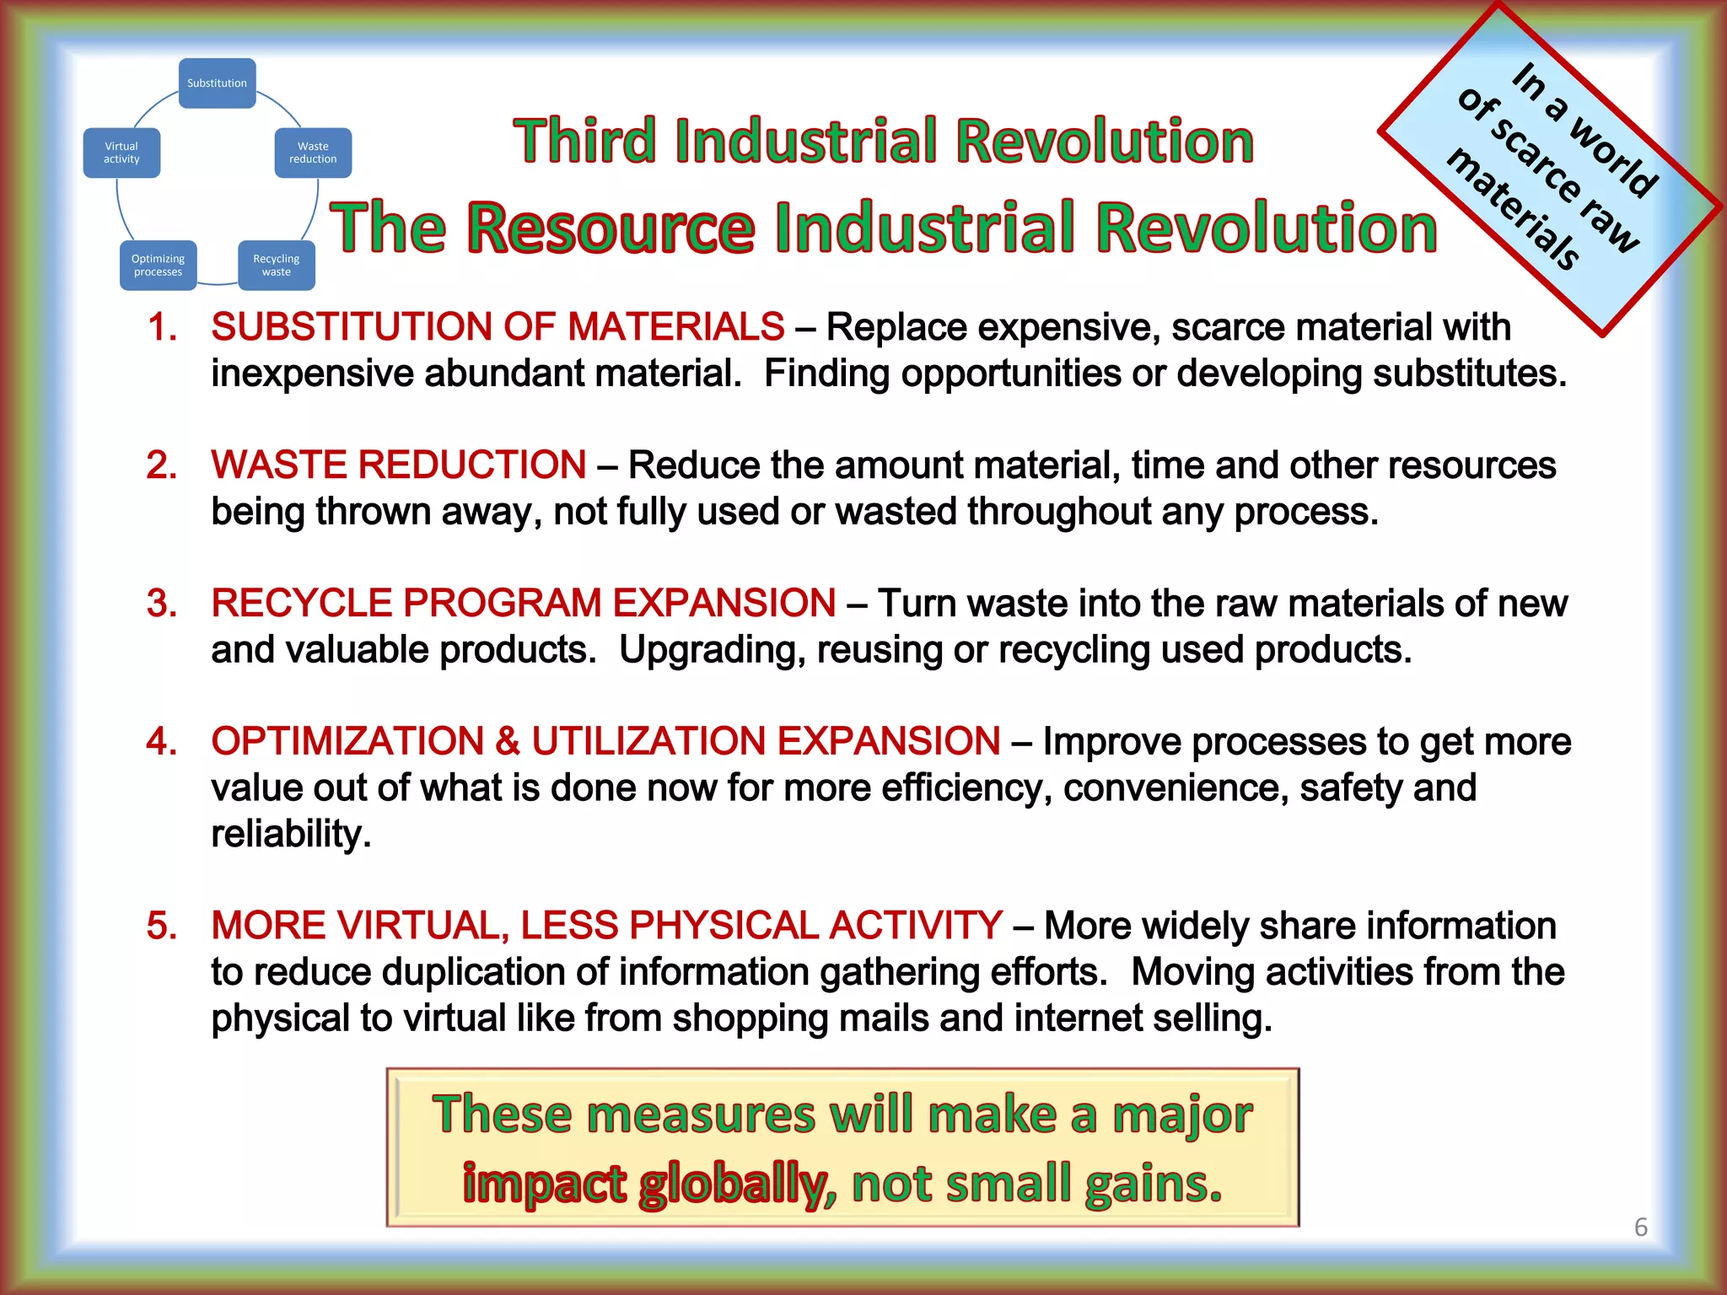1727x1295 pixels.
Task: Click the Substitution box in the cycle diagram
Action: (217, 83)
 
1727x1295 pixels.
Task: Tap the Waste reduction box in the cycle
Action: (313, 153)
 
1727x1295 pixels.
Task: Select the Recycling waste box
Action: (276, 266)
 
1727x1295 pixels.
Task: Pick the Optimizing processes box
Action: (158, 266)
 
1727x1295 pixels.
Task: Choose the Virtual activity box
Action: (121, 153)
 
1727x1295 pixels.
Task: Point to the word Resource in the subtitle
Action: (611, 228)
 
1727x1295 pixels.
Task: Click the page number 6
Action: (1640, 1227)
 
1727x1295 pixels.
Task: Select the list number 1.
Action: (161, 327)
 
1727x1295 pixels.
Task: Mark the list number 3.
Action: (161, 604)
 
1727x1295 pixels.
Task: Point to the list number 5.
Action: (161, 926)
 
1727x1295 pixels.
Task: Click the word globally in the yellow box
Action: (733, 1185)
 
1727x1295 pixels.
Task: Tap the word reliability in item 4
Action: (290, 835)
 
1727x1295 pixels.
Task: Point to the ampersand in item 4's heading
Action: (508, 742)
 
